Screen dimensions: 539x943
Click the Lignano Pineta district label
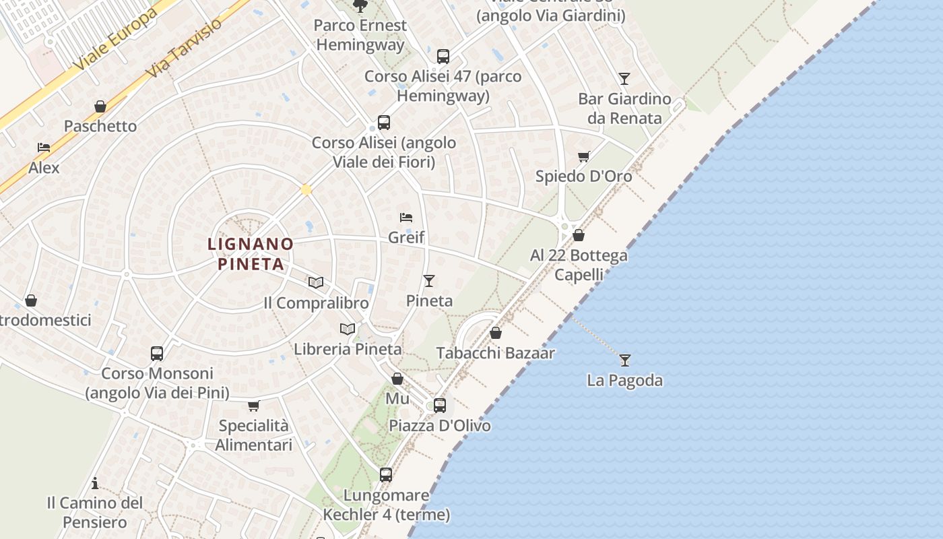(x=251, y=253)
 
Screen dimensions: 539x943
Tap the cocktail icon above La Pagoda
(x=625, y=360)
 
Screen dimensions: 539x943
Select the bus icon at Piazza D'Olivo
(x=440, y=405)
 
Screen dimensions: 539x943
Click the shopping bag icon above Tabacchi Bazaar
(x=496, y=333)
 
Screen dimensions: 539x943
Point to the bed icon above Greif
(x=405, y=217)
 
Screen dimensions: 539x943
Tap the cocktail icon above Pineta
(x=429, y=280)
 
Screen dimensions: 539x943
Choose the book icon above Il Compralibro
(x=316, y=282)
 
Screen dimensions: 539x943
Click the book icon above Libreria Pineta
(x=348, y=329)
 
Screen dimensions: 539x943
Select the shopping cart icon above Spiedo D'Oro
(x=584, y=156)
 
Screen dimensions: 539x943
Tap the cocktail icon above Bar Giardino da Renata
(x=624, y=78)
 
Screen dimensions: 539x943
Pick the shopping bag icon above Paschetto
(x=100, y=106)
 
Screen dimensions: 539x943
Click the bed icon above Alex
(x=44, y=147)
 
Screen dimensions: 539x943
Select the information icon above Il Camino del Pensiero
(x=95, y=483)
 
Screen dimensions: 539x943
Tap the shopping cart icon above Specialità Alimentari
(x=254, y=406)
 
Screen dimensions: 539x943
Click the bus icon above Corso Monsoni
(x=157, y=353)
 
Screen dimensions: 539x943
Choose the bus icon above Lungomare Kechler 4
(x=386, y=474)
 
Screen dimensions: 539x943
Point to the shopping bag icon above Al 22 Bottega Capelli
(x=579, y=235)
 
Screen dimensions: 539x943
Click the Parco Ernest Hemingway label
(x=360, y=35)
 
